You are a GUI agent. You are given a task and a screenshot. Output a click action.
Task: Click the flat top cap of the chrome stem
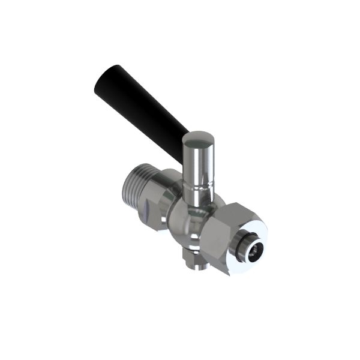(198, 140)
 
